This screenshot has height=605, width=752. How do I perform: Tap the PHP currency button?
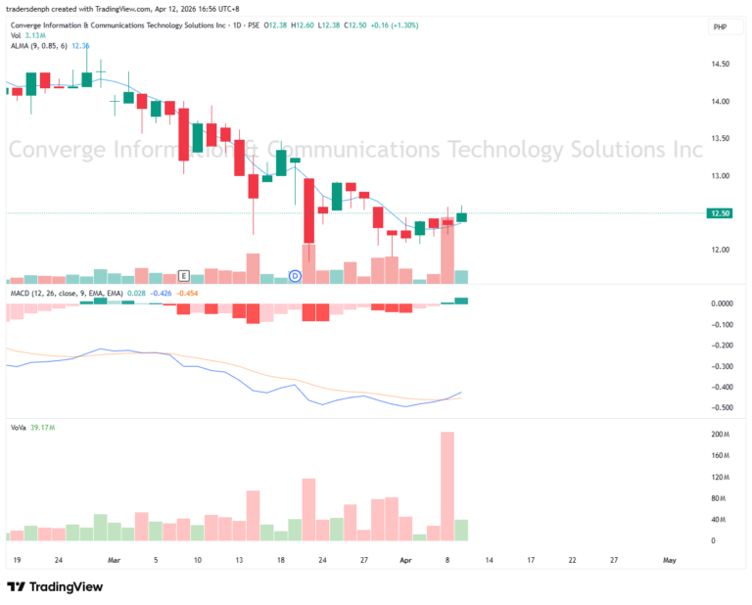pyautogui.click(x=720, y=28)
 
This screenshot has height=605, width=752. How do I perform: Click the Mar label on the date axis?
pyautogui.click(x=115, y=561)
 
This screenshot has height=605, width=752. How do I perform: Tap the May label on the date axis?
pyautogui.click(x=670, y=561)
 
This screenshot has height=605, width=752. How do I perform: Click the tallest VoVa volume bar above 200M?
pyautogui.click(x=447, y=486)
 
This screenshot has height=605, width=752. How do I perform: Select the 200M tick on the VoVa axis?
pyautogui.click(x=720, y=434)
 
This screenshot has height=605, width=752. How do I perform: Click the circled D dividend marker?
pyautogui.click(x=295, y=276)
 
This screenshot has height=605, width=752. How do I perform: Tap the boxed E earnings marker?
pyautogui.click(x=183, y=276)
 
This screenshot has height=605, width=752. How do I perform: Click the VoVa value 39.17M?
pyautogui.click(x=43, y=427)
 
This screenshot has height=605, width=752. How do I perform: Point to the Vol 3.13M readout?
pyautogui.click(x=30, y=35)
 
